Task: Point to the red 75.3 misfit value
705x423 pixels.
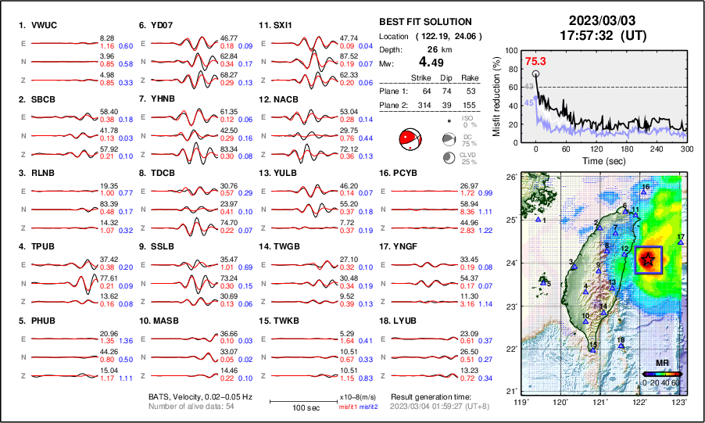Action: (x=535, y=61)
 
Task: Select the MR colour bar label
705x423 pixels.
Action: (x=661, y=364)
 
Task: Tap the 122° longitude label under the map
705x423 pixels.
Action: (x=639, y=401)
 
